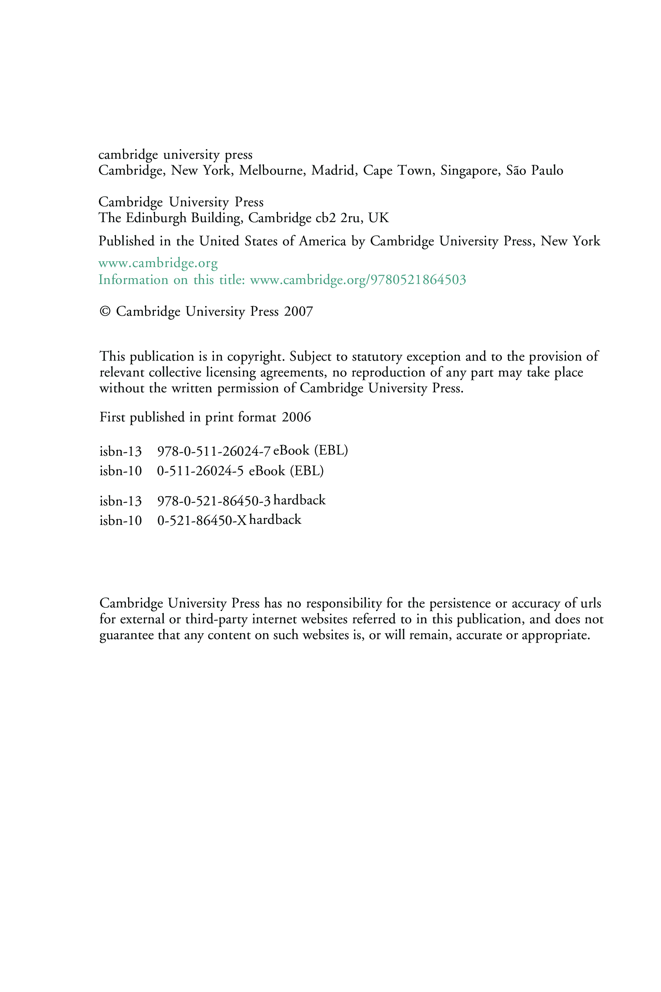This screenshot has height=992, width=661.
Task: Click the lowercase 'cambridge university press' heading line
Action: click(x=175, y=155)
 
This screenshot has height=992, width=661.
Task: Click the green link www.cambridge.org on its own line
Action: click(x=158, y=263)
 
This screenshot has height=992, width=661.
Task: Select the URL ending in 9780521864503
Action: click(x=358, y=280)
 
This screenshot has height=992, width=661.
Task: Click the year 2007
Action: click(x=298, y=312)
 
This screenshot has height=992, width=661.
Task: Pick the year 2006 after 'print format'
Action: click(x=296, y=417)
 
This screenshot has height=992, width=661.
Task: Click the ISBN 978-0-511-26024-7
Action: click(x=213, y=452)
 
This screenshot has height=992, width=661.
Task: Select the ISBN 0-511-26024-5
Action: click(x=200, y=471)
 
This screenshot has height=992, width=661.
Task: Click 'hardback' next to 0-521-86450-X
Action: click(x=275, y=520)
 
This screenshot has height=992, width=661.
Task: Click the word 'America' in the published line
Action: click(x=323, y=241)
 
